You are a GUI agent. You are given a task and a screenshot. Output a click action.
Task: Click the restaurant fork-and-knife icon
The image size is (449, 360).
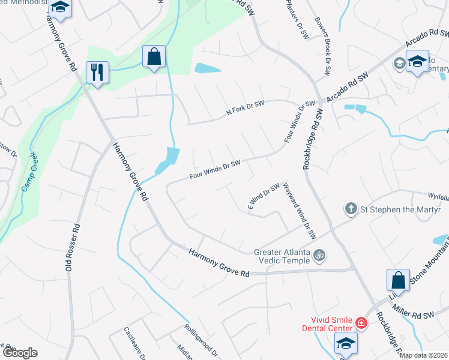(96, 73)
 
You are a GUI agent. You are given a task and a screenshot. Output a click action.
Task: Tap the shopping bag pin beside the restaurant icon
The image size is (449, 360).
(154, 57)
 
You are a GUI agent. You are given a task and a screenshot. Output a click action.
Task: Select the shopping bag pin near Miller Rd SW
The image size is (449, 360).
(398, 280)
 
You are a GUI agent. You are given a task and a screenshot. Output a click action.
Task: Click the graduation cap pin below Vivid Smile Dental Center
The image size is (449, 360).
(345, 344)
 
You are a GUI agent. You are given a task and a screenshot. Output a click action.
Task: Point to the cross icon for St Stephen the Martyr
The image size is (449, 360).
(351, 209)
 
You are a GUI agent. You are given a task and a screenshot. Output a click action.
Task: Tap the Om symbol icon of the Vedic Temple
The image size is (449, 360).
(320, 255)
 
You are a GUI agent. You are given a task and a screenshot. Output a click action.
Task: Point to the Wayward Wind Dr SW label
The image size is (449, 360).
(299, 210)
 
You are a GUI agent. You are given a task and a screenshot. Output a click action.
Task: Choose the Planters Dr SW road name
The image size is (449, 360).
(297, 17)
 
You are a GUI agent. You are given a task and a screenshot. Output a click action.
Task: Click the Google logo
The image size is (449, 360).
(20, 353)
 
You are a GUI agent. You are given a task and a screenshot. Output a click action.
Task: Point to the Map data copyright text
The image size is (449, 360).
(423, 355)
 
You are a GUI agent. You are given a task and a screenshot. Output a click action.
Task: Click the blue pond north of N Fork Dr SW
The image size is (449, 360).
(207, 68)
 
